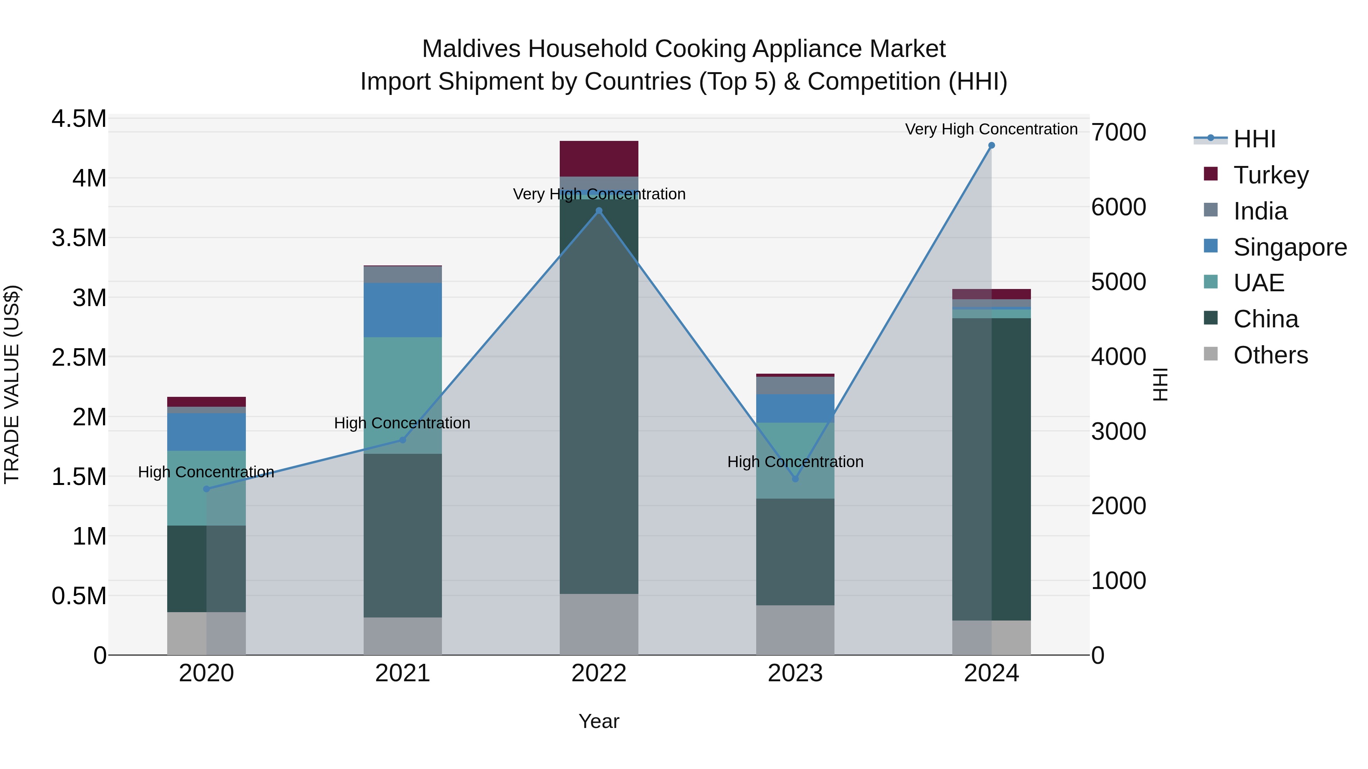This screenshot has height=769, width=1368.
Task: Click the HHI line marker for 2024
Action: [x=991, y=145]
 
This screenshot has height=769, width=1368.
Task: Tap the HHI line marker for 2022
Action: [x=599, y=211]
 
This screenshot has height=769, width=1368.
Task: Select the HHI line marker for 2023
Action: [x=795, y=479]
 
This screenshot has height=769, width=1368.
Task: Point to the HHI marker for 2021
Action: [x=402, y=440]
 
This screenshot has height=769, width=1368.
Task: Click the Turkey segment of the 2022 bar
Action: [x=599, y=159]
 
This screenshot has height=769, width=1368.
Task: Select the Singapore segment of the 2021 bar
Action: [x=402, y=310]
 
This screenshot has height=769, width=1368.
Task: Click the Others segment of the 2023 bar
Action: [x=795, y=630]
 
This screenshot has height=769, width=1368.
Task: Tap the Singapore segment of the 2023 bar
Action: [x=795, y=408]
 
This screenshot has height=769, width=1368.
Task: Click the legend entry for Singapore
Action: [x=1290, y=247]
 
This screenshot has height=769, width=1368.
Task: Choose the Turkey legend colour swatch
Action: [x=1210, y=174]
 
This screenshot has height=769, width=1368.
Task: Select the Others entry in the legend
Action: [x=1270, y=355]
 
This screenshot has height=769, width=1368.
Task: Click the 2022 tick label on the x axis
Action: [x=599, y=673]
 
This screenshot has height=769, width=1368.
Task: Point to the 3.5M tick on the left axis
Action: [x=79, y=238]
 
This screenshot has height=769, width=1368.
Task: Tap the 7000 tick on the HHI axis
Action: [x=1118, y=132]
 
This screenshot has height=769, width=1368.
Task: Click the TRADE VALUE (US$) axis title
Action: [x=12, y=384]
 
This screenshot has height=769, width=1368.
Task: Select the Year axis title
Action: [x=599, y=721]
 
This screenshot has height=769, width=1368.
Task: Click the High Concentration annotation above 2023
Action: [x=795, y=462]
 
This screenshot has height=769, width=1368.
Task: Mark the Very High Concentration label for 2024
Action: [x=991, y=129]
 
